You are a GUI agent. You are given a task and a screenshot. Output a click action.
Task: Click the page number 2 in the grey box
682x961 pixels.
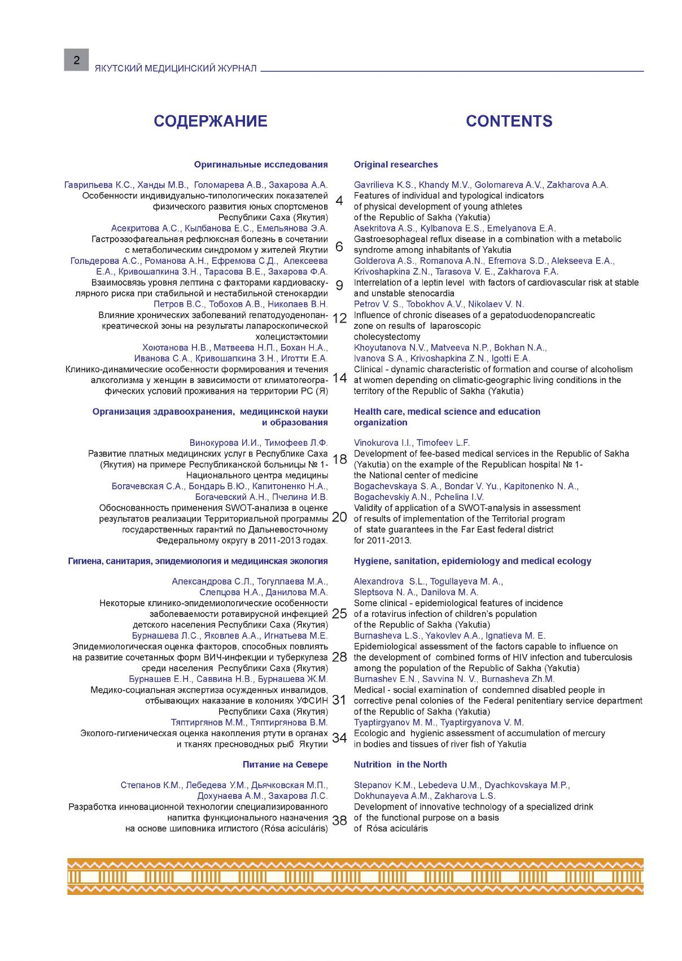[76, 60]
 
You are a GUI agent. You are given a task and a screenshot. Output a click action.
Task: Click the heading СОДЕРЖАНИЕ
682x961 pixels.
[210, 121]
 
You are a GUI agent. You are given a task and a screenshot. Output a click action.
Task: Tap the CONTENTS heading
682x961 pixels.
[509, 121]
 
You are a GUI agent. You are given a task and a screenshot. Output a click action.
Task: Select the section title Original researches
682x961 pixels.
[395, 164]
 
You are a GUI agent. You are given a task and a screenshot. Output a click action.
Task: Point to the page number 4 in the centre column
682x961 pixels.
[339, 201]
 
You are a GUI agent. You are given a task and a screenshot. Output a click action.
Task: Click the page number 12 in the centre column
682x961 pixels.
[339, 319]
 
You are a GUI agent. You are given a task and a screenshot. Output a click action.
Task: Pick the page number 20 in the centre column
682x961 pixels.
[339, 517]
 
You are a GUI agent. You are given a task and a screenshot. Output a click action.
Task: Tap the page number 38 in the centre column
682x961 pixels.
[339, 821]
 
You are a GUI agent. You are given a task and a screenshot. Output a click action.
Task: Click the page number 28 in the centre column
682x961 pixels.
[339, 657]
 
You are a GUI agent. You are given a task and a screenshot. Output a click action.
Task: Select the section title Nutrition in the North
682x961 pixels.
[400, 764]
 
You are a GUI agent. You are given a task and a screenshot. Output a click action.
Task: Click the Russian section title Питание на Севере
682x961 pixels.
[285, 764]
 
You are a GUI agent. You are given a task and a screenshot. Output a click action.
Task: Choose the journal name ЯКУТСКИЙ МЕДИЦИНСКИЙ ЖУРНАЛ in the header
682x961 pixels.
[176, 68]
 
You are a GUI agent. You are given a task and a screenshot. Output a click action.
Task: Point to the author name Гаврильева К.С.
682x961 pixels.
[98, 185]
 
